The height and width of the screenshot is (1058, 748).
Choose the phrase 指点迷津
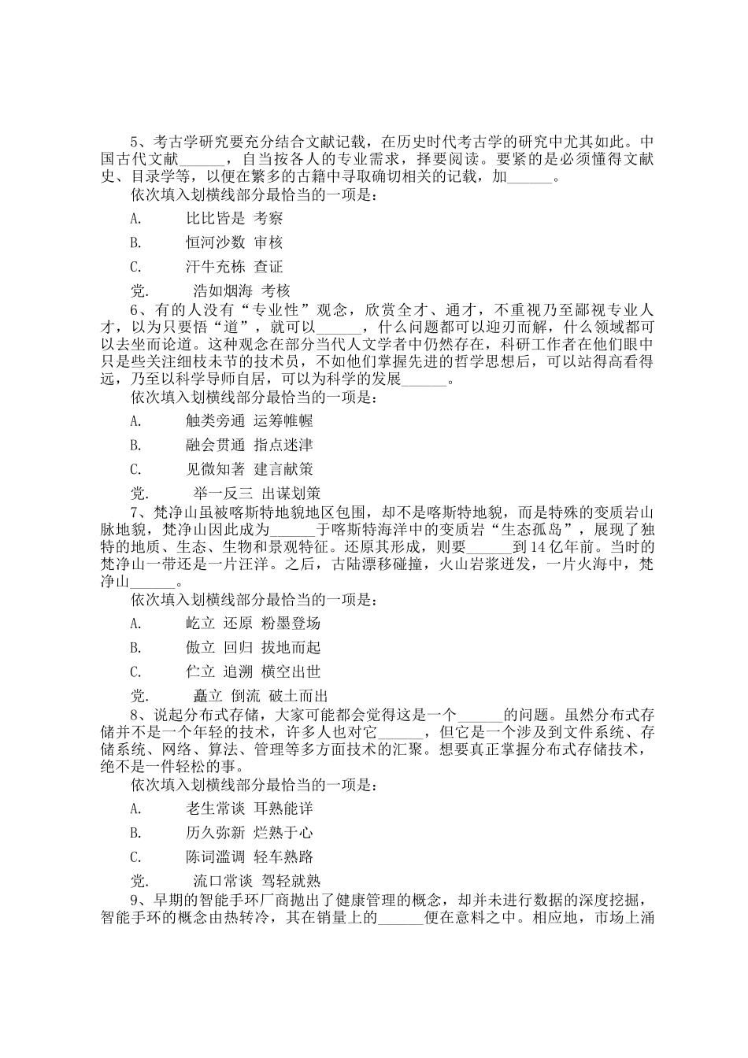click(x=283, y=446)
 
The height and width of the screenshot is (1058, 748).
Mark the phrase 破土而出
click(x=298, y=697)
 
